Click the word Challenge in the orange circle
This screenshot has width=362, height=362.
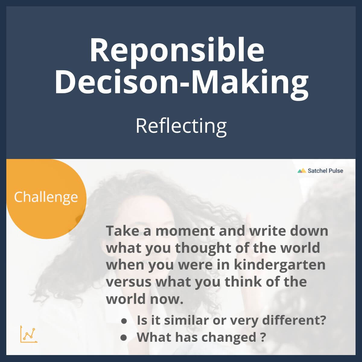(46, 197)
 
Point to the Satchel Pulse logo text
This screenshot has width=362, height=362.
(325, 171)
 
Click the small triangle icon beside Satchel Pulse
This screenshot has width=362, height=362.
(301, 171)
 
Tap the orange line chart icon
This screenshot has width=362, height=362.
(29, 334)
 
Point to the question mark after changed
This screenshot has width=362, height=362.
(263, 337)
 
